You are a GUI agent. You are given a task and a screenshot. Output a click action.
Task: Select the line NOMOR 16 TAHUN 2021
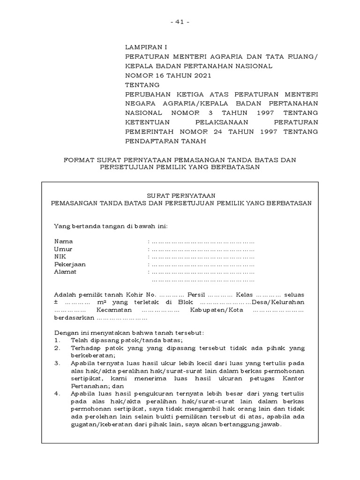[168, 75]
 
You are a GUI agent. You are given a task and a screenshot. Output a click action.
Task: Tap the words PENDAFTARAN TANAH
[165, 141]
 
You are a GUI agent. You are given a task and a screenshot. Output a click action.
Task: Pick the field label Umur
[63, 249]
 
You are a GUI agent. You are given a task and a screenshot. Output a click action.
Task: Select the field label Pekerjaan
[70, 264]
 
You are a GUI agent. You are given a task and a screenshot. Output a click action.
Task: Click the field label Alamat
[65, 272]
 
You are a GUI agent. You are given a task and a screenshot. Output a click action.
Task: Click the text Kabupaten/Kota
[212, 310]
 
